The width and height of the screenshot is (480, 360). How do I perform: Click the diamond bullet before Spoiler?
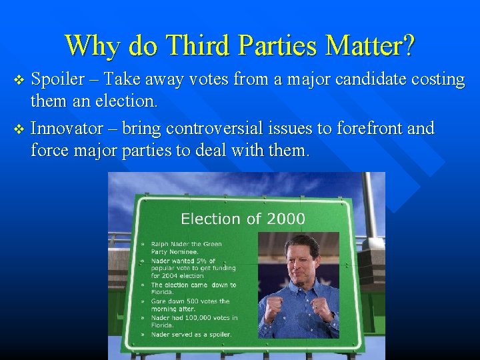click(19, 81)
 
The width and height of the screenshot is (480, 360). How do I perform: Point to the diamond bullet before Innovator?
click(19, 128)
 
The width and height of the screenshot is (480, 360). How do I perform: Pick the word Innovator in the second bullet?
click(67, 128)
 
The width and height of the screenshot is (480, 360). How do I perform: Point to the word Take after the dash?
click(126, 80)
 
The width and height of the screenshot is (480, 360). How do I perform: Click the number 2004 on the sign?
click(167, 275)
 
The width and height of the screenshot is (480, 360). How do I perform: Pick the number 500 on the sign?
click(185, 301)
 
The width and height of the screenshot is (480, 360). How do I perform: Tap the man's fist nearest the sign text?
click(273, 309)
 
